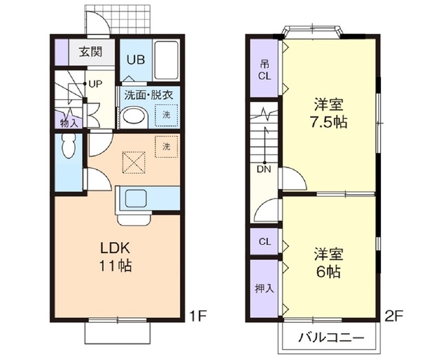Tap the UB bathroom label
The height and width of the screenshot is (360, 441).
(135, 58)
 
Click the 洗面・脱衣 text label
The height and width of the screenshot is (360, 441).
(147, 95)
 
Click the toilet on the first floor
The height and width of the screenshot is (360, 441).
(68, 146)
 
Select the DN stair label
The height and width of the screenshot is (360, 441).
(263, 168)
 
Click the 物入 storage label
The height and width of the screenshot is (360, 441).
(70, 123)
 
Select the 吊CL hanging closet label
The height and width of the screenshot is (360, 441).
(265, 69)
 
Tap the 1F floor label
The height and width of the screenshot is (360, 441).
(198, 317)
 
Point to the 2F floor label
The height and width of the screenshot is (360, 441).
(393, 317)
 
